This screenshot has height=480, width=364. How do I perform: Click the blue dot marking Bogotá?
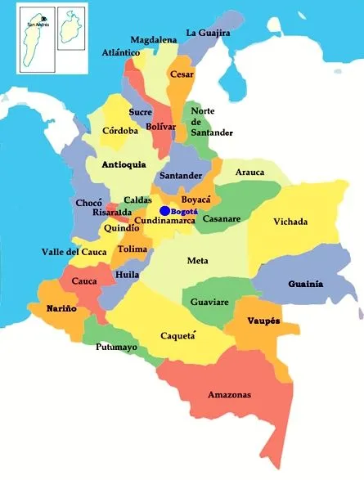coord(164,211)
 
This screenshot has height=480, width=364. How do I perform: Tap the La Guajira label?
coord(209,33)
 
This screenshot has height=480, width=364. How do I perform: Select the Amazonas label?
coord(229,395)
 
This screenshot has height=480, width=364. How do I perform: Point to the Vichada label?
coord(290,222)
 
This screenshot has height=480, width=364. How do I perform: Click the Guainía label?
coord(306,284)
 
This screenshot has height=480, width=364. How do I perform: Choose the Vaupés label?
coord(263,321)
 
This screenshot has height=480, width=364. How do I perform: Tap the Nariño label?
coord(39,309)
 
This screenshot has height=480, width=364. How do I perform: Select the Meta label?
coord(197,261)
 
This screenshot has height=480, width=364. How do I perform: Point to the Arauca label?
coord(249,173)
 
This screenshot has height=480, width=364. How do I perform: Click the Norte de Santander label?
coord(211,121)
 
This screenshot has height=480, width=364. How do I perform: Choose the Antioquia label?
coord(124,164)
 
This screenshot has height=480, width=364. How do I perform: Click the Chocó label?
coord(89,203)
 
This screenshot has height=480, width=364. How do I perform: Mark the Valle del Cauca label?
coord(74,252)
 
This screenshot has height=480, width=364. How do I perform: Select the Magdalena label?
coord(154,39)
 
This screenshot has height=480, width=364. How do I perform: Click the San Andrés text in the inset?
coord(38,25)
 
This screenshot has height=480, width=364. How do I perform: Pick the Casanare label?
coord(222,219)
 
